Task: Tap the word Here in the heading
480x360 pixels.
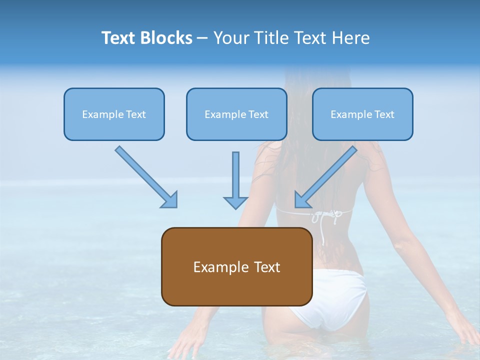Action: coord(352,38)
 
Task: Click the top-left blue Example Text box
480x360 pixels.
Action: coord(114,114)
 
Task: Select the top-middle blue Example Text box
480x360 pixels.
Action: coord(236,114)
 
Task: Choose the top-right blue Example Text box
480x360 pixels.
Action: coord(362,114)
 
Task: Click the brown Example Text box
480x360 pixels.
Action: coord(236,266)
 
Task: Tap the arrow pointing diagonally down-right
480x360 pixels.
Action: coord(145,176)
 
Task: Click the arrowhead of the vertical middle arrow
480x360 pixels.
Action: coord(235,201)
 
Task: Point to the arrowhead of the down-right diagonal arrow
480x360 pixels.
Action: coord(170,200)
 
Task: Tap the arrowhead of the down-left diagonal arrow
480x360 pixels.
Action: coord(301,200)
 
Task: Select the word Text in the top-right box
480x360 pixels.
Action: coord(384,114)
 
